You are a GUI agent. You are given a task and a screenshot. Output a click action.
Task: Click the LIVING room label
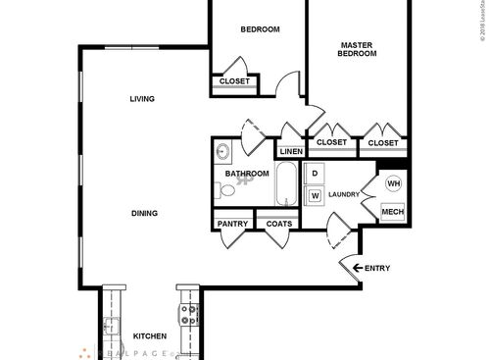pyautogui.click(x=142, y=98)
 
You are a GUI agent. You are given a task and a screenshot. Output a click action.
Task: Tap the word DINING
pyautogui.click(x=144, y=213)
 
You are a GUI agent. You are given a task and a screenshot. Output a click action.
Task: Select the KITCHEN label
pyautogui.click(x=149, y=334)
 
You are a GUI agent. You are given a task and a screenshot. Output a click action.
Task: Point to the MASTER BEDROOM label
pyautogui.click(x=359, y=50)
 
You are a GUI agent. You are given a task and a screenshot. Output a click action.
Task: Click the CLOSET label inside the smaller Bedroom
pyautogui.click(x=234, y=81)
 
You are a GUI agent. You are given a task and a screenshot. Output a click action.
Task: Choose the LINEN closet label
pyautogui.click(x=290, y=151)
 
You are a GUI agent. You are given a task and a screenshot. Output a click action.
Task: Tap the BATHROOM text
pyautogui.click(x=247, y=174)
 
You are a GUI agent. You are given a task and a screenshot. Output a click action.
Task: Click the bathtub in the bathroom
pyautogui.click(x=286, y=184)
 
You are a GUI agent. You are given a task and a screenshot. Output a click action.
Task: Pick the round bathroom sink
pyautogui.click(x=222, y=152)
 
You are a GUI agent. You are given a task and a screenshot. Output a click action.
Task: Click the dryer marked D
pyautogui.click(x=315, y=175)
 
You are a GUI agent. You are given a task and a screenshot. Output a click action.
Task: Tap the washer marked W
pyautogui.click(x=315, y=195)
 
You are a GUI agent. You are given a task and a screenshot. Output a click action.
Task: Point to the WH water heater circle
pyautogui.click(x=393, y=183)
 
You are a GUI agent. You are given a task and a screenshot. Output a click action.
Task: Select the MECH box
pyautogui.click(x=392, y=213)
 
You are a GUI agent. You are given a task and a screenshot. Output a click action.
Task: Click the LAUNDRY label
pyautogui.click(x=344, y=194)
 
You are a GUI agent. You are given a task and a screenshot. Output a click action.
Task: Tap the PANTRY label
pyautogui.click(x=233, y=224)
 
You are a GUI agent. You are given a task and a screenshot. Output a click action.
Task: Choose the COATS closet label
pyautogui.click(x=279, y=224)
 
